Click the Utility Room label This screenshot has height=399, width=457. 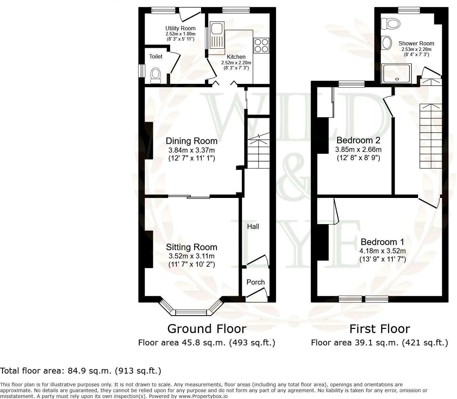pyautogui.click(x=180, y=28)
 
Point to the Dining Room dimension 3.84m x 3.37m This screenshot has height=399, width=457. pyautogui.click(x=191, y=150)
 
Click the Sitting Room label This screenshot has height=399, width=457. pyautogui.click(x=191, y=247)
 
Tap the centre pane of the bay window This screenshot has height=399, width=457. pyautogui.click(x=191, y=312)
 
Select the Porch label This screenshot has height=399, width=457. pyautogui.click(x=256, y=282)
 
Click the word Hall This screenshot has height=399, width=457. pyautogui.click(x=253, y=226)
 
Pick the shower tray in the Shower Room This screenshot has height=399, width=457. pyautogui.click(x=397, y=73)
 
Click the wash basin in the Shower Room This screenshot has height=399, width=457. pyautogui.click(x=387, y=43)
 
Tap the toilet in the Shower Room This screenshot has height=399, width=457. pyautogui.click(x=391, y=24)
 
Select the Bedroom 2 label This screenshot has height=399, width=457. pyautogui.click(x=358, y=140)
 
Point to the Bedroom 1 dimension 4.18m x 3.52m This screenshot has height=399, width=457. pyautogui.click(x=383, y=251)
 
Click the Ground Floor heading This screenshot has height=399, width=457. pyautogui.click(x=207, y=329)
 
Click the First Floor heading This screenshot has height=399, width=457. pyautogui.click(x=380, y=329)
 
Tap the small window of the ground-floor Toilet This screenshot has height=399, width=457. pyautogui.click(x=141, y=71)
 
